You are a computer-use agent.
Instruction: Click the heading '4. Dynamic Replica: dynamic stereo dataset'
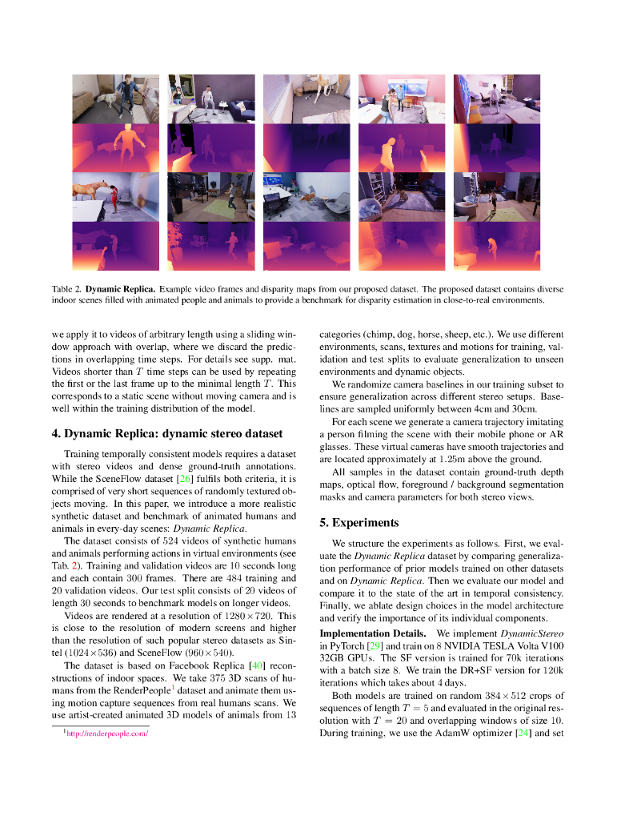pos(166,434)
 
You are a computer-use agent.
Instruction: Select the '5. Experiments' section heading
pos(359,523)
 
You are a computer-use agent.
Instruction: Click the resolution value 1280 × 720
pos(245,616)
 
